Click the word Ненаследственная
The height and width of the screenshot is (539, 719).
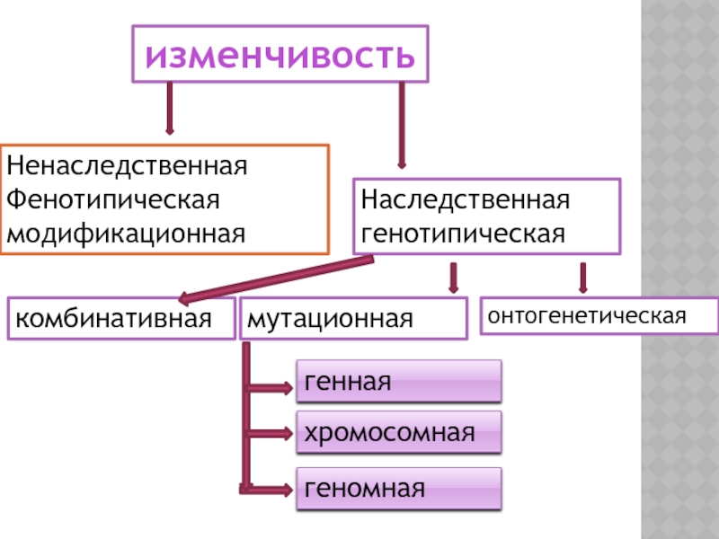(x=127, y=166)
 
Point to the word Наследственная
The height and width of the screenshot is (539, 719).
(x=466, y=199)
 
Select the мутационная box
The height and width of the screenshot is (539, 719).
(x=353, y=319)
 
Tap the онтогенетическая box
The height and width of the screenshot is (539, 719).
(x=599, y=316)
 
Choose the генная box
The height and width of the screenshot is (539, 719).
(x=399, y=382)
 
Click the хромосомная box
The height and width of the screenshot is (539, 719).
(x=399, y=433)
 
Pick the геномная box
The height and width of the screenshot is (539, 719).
(x=399, y=489)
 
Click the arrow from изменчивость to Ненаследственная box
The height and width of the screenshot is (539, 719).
(x=168, y=109)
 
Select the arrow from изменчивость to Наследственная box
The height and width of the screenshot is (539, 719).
(x=402, y=126)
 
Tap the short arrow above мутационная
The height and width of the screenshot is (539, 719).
(x=453, y=278)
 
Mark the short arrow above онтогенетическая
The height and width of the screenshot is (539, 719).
(x=583, y=278)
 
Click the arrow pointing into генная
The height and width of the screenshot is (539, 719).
(x=270, y=389)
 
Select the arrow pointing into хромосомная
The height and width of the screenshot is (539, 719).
(x=270, y=435)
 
